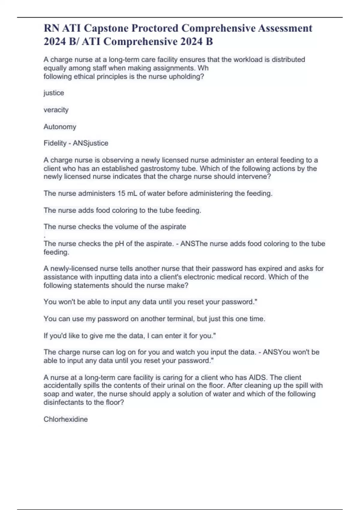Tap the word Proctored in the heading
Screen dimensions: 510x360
[x=155, y=28]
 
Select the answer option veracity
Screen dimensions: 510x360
[x=56, y=110]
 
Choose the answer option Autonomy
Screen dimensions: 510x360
[x=60, y=127]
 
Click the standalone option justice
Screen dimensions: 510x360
[x=54, y=93]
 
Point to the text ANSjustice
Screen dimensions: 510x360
[x=91, y=143]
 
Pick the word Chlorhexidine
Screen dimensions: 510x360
[x=66, y=419]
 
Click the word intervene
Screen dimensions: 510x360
[x=254, y=176]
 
